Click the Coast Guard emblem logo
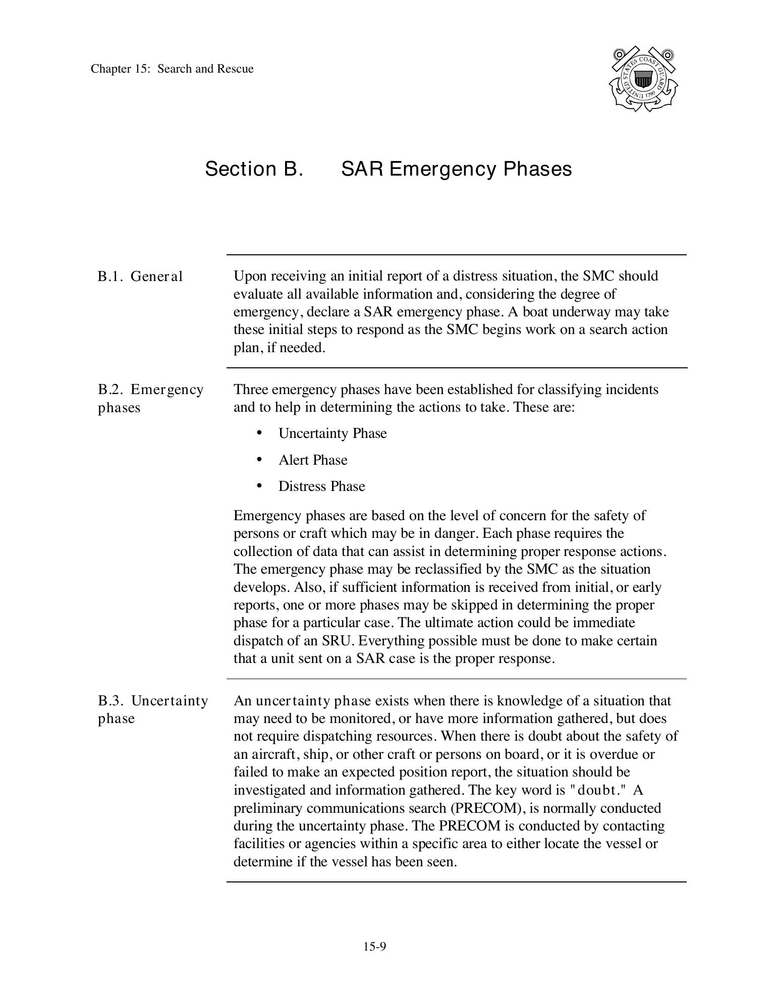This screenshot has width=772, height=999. click(643, 80)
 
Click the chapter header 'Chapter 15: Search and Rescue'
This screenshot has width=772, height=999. click(172, 69)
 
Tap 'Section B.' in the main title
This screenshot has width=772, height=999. click(254, 169)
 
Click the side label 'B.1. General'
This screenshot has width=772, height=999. click(140, 276)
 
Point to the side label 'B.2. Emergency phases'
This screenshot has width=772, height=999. click(150, 398)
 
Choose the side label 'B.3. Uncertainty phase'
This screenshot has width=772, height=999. click(152, 709)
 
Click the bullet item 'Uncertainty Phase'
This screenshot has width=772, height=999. click(333, 433)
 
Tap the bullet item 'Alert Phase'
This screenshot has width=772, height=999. click(313, 460)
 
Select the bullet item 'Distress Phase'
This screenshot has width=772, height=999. click(321, 486)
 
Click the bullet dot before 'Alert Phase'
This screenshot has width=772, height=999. click(259, 459)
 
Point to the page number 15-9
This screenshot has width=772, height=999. click(374, 947)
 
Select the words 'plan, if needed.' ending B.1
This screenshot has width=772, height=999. click(279, 348)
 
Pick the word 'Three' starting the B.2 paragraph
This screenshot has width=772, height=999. click(250, 390)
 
